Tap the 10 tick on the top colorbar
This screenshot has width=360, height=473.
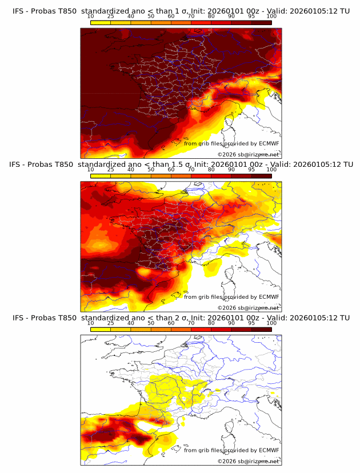pos(91,16)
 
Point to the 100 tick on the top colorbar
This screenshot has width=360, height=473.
pos(271,16)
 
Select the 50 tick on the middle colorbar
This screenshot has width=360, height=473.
pos(151,169)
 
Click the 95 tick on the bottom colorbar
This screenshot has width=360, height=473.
pos(251,323)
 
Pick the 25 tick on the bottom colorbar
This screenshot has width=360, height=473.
pos(111,323)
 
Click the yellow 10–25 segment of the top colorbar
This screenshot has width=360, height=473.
pos(101,22)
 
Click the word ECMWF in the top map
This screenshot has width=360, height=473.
pos(269,143)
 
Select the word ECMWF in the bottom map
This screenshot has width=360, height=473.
pos(269,450)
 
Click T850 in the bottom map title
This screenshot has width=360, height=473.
pos(67,318)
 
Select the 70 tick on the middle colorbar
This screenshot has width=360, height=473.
pos(191,169)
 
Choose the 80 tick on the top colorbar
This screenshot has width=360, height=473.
pos(211,16)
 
